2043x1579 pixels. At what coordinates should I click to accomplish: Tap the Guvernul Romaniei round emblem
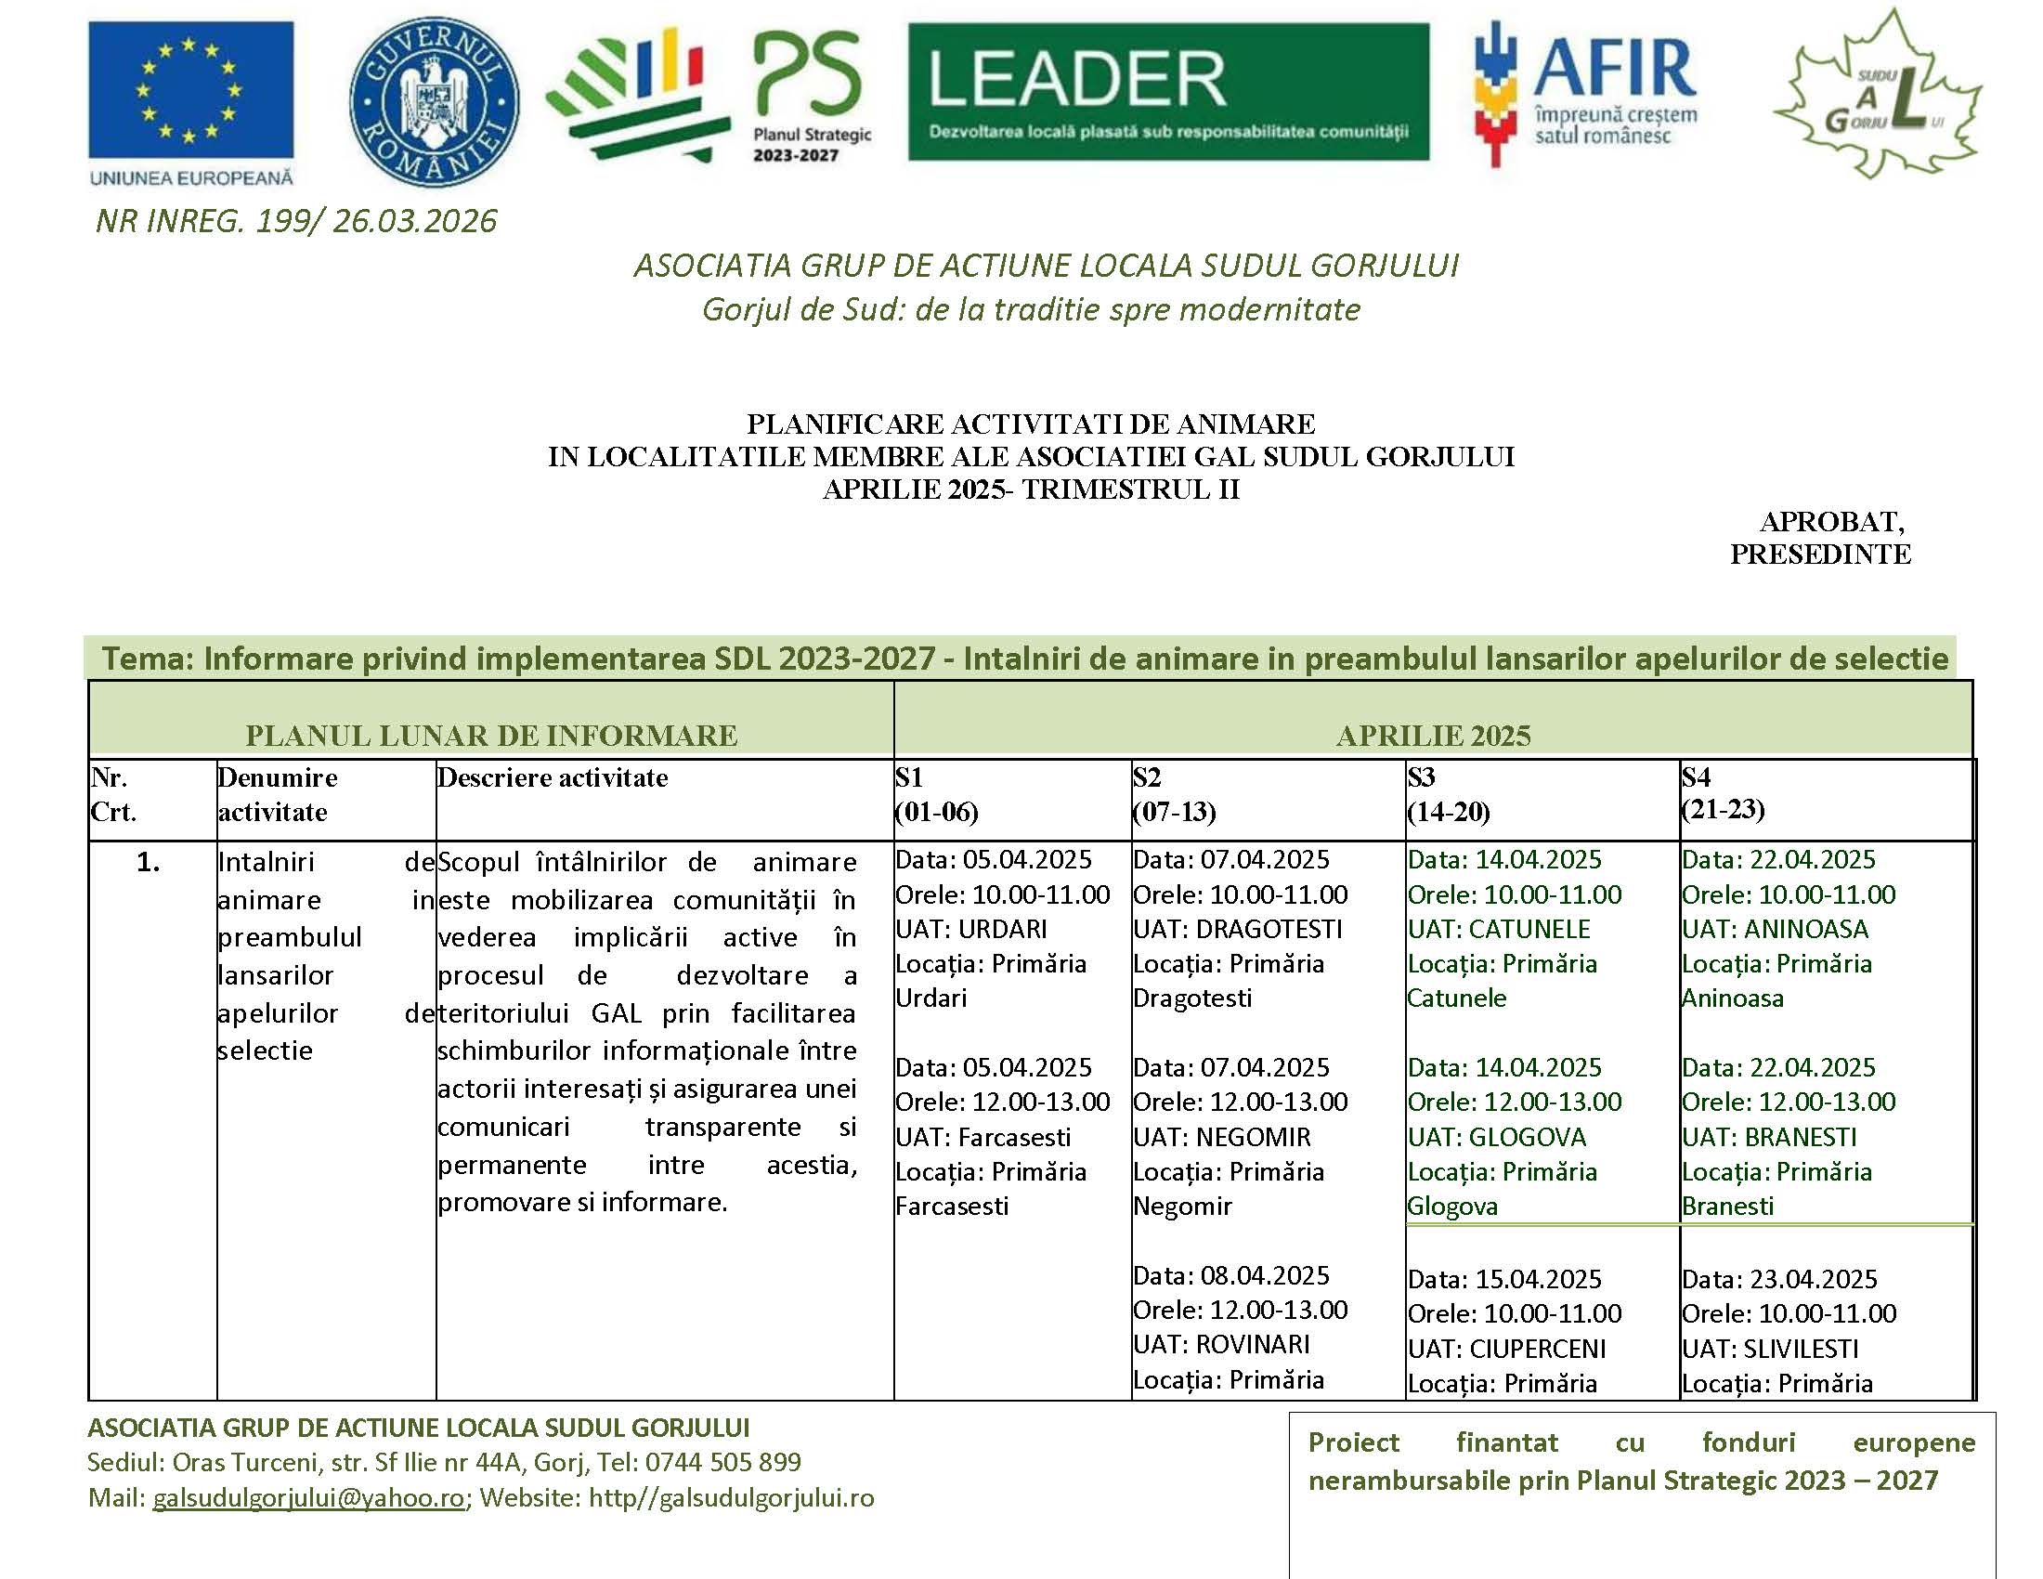tap(433, 101)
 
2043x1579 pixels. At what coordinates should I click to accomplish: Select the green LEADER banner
tap(1168, 92)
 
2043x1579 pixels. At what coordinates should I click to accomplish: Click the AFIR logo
tap(1584, 94)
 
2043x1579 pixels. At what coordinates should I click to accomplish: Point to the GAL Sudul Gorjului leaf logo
tap(1878, 98)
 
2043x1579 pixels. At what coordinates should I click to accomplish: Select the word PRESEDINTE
tap(1819, 554)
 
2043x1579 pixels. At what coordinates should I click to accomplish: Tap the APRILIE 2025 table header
tap(1433, 736)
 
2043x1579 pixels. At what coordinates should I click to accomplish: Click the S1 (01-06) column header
tap(936, 794)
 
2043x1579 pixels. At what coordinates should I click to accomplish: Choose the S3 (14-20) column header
tap(1448, 794)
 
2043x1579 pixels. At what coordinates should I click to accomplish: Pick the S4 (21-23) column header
tap(1723, 793)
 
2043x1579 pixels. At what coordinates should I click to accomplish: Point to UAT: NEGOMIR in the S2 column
tap(1222, 1137)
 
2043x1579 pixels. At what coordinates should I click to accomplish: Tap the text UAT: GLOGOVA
tap(1497, 1137)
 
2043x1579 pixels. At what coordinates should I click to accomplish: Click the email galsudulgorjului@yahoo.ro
tap(308, 1497)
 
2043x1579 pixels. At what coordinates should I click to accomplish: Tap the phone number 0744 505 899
tap(723, 1461)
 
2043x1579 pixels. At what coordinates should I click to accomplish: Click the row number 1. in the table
tap(148, 862)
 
